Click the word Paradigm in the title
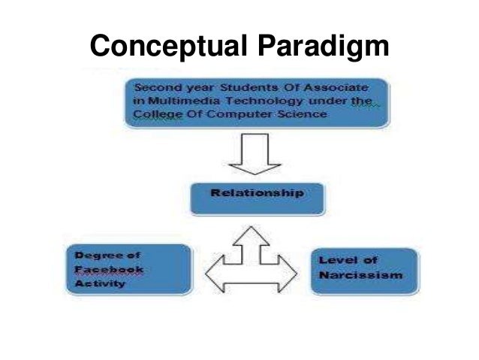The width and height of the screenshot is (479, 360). coord(324,47)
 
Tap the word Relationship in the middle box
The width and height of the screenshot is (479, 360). coord(257,192)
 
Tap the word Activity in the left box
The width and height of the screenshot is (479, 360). coord(99,284)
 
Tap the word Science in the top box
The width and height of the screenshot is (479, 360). coord(307,114)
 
